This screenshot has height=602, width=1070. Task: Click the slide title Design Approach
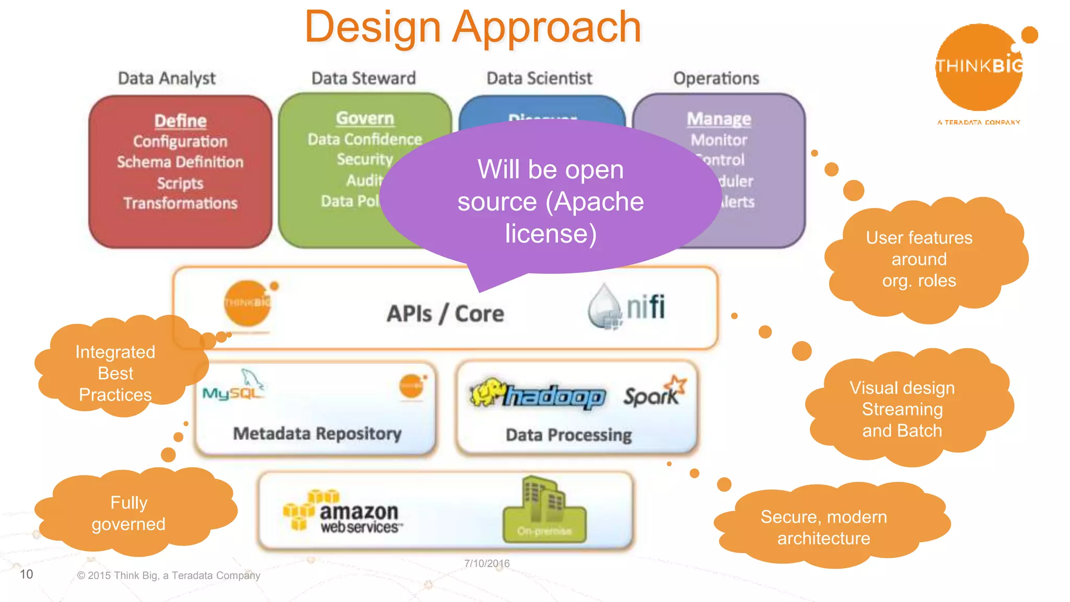click(x=473, y=27)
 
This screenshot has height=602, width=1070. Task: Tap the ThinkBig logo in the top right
click(x=979, y=68)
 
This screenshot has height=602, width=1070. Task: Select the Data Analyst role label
click(x=167, y=78)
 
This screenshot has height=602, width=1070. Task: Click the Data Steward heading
click(x=364, y=78)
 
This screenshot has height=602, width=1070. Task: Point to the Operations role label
click(x=716, y=78)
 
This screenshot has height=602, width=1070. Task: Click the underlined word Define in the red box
click(x=180, y=121)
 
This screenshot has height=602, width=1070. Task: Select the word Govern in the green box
click(x=365, y=118)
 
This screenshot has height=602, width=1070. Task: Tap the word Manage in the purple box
click(x=719, y=119)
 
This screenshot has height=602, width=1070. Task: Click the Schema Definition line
click(x=180, y=162)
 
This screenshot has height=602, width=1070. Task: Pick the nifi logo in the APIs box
click(x=627, y=307)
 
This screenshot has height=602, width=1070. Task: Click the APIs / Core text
click(x=445, y=314)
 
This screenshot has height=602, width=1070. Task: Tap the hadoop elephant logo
click(x=538, y=395)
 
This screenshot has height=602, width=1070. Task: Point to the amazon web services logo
click(x=343, y=513)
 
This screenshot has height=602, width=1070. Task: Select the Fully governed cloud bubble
click(x=129, y=513)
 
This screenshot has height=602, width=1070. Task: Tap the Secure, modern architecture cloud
click(x=824, y=527)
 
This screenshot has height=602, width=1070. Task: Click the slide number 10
click(x=27, y=574)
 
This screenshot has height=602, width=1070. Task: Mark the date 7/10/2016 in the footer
click(x=487, y=563)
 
